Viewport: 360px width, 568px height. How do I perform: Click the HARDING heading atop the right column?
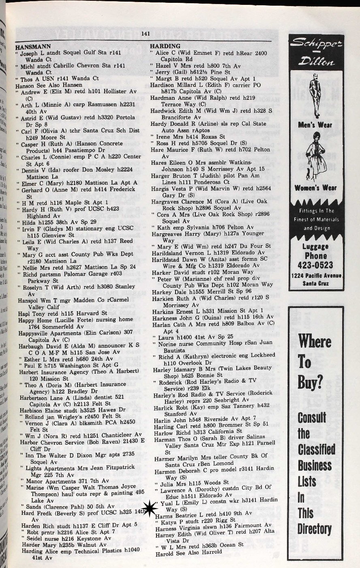point(165,46)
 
